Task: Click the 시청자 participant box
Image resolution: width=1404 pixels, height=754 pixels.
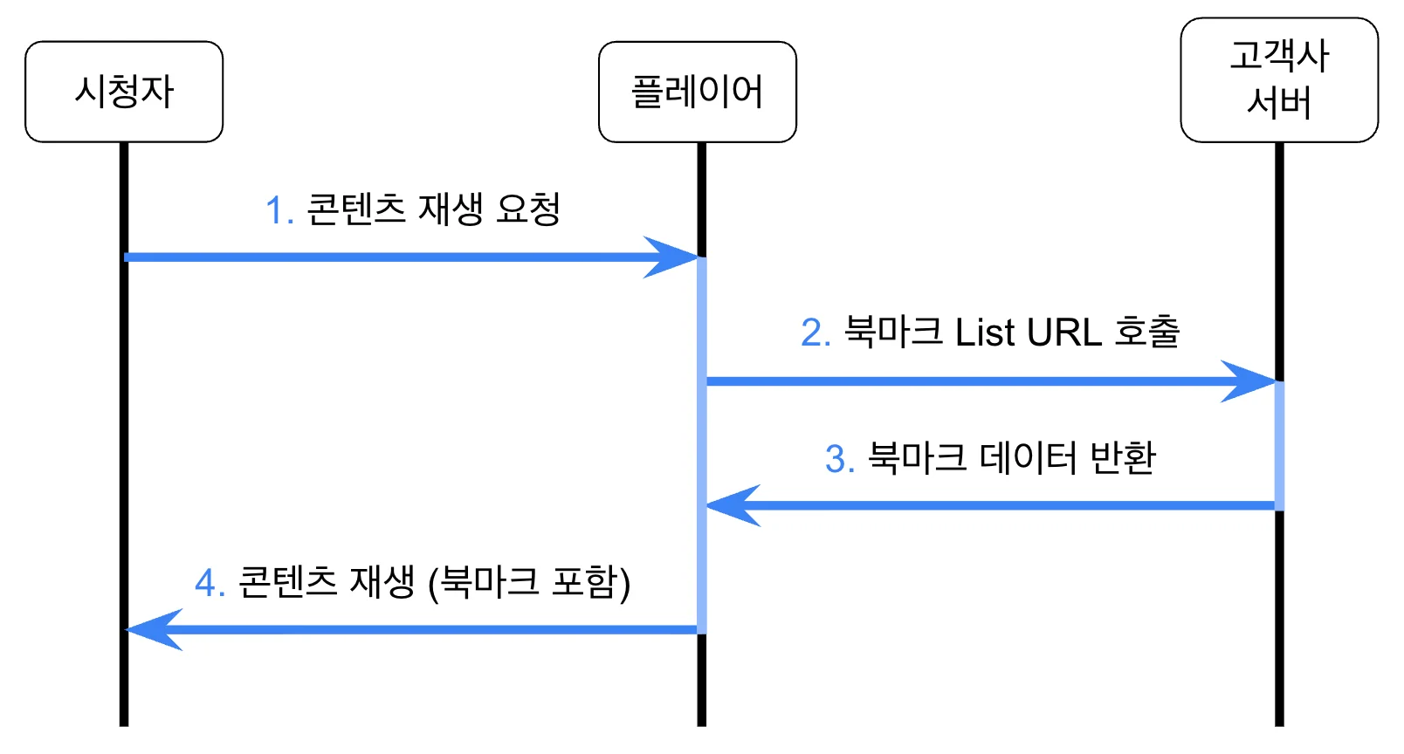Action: pyautogui.click(x=124, y=92)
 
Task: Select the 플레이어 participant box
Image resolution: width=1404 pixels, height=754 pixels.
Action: pyautogui.click(x=698, y=92)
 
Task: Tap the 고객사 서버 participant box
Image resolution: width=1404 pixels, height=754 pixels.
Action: pyautogui.click(x=1279, y=79)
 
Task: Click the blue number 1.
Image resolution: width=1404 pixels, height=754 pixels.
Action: pyautogui.click(x=276, y=209)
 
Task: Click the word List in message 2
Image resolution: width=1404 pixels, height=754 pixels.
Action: pyautogui.click(x=984, y=332)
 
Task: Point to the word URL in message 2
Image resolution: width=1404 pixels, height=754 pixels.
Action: pyautogui.click(x=1064, y=332)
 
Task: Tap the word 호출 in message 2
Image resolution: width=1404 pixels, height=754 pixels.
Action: pyautogui.click(x=1147, y=331)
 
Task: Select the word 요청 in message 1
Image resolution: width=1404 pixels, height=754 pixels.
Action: pyautogui.click(x=528, y=208)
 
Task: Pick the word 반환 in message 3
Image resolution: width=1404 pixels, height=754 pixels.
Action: pyautogui.click(x=1123, y=457)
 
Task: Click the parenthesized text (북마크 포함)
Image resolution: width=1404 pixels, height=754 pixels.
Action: pyautogui.click(x=529, y=582)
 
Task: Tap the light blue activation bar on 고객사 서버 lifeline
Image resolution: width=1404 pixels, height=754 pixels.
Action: pyautogui.click(x=1279, y=446)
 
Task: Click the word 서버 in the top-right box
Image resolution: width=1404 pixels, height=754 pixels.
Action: pyautogui.click(x=1279, y=102)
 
